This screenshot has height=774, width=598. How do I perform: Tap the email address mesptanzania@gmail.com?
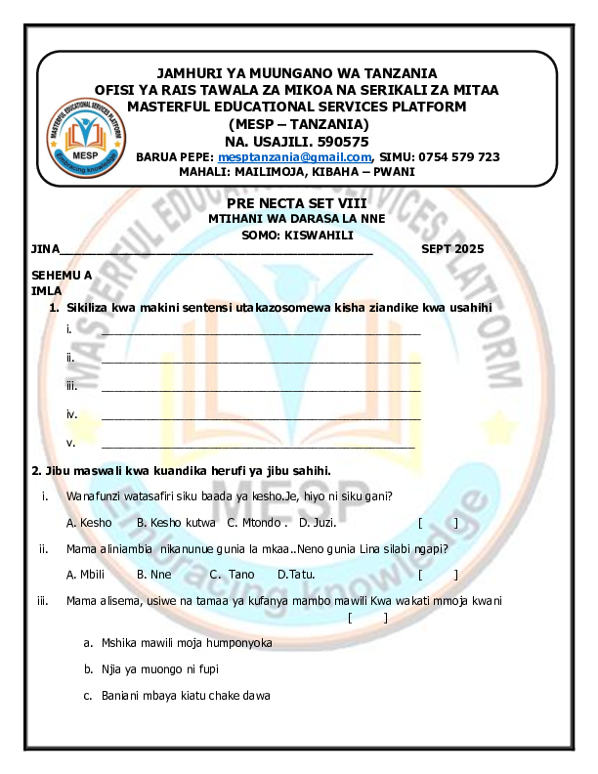click(x=295, y=156)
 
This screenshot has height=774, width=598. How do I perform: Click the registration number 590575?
click(x=341, y=141)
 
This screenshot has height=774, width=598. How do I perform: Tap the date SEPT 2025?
click(x=452, y=249)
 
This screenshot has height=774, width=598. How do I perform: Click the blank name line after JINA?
click(x=215, y=251)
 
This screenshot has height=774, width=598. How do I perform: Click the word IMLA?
click(x=46, y=291)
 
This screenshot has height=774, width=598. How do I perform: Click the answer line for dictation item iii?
click(x=261, y=390)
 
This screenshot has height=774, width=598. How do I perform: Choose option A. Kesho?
click(x=89, y=523)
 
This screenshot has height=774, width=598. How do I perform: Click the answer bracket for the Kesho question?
click(x=438, y=523)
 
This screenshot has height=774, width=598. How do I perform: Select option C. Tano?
click(x=232, y=574)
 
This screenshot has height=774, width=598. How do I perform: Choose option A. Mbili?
click(x=86, y=574)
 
